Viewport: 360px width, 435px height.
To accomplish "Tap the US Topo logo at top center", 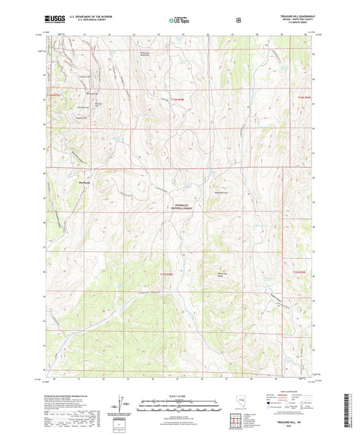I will pyautogui.click(x=178, y=20).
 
